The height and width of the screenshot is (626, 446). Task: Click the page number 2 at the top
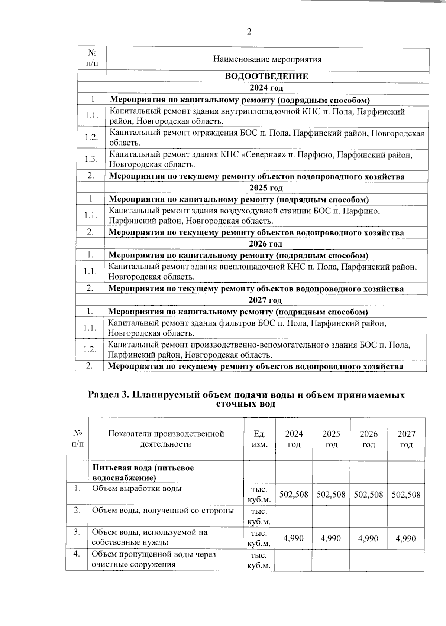[249, 32]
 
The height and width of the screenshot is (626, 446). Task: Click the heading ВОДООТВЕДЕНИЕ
[266, 76]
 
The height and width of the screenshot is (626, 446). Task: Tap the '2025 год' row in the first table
[266, 188]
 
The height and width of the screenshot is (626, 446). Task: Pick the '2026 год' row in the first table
[265, 244]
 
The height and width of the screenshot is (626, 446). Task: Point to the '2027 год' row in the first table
[265, 300]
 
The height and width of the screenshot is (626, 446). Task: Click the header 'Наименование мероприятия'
[267, 59]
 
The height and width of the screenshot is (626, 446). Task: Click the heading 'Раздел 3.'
[108, 395]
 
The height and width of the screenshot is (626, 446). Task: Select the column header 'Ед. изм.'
[259, 439]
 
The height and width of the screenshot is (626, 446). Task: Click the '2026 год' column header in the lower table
[369, 439]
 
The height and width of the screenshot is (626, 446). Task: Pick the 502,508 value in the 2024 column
[294, 495]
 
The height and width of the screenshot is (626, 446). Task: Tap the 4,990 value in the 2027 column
[406, 538]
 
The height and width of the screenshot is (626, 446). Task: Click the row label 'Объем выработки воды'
[137, 489]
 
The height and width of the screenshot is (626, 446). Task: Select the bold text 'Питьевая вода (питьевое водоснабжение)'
[143, 472]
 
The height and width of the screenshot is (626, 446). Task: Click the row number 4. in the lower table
[77, 554]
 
